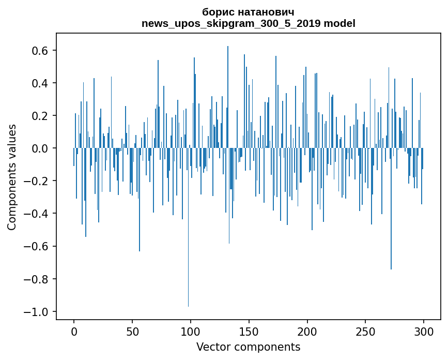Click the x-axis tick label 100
pyautogui.click(x=191, y=332)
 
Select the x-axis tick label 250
pyautogui.click(x=365, y=332)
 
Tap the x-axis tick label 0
pyautogui.click(x=74, y=332)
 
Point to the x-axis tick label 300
pyautogui.click(x=424, y=332)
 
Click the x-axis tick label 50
pyautogui.click(x=132, y=332)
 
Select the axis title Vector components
pyautogui.click(x=248, y=347)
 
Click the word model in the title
pyautogui.click(x=339, y=23)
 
